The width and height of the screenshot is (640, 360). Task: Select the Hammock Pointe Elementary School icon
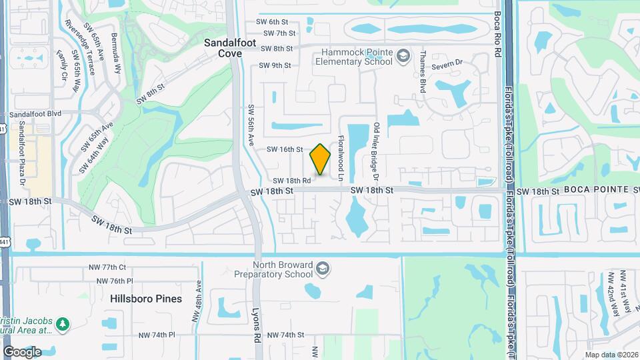[403, 57]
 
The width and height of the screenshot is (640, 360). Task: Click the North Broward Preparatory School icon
[323, 268]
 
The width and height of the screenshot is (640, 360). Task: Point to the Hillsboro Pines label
[146, 299]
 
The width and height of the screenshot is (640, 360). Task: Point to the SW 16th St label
[285, 149]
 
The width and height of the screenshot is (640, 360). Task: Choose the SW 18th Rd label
[291, 181]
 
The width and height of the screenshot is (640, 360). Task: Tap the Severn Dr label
[447, 64]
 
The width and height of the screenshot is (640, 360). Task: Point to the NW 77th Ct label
[107, 267]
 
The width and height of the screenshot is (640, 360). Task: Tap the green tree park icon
[63, 324]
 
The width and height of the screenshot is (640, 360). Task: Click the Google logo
[22, 352]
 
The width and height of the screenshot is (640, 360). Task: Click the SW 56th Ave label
[252, 125]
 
